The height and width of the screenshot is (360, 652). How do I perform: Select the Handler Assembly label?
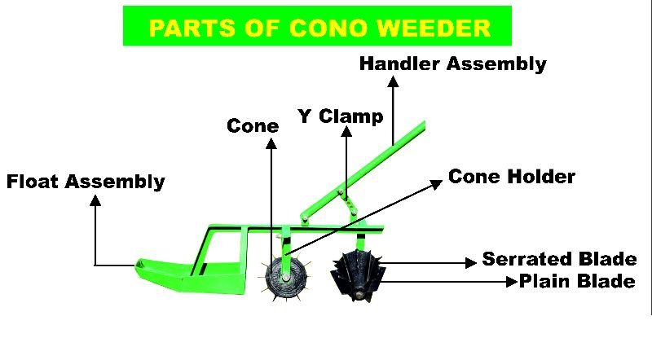click(x=452, y=64)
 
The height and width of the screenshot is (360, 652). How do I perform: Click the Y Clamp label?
click(x=340, y=116)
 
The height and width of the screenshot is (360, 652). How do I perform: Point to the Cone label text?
click(x=253, y=125)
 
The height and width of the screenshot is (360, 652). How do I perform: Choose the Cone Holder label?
click(x=512, y=177)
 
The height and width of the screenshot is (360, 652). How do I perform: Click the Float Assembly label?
click(x=86, y=181)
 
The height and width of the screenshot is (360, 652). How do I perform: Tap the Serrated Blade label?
click(x=559, y=260)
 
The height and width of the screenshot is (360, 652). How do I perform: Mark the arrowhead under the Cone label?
click(x=271, y=143)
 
